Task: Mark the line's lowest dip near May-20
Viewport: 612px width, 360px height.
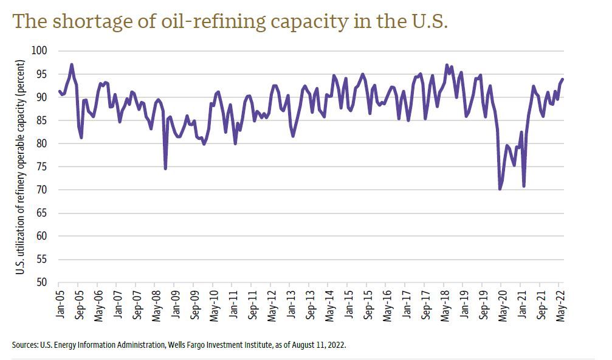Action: pos(500,189)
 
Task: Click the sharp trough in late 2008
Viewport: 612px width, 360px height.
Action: pos(165,168)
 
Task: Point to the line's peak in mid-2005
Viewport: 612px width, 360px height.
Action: pos(72,64)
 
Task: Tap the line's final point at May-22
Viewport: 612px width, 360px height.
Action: pos(563,79)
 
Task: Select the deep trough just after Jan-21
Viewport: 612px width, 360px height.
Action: pos(523,186)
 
